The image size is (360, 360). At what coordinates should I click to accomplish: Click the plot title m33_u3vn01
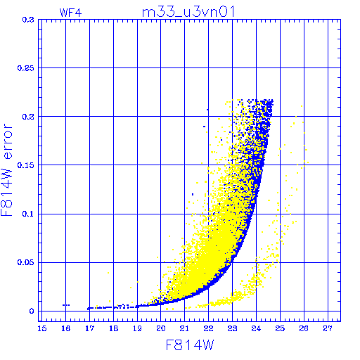tap(188, 12)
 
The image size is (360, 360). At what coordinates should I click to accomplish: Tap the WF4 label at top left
tap(70, 13)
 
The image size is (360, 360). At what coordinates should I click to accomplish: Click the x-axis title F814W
tap(190, 345)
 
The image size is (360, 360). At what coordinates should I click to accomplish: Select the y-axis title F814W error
tap(6, 169)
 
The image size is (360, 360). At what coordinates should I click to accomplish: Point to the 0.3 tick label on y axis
tap(28, 20)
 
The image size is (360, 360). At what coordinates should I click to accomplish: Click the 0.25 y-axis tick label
tap(26, 68)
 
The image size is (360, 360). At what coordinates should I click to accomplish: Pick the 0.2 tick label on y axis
tap(28, 117)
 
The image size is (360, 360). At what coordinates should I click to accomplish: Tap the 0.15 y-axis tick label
tap(26, 165)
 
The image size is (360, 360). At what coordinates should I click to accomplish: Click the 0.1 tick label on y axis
tap(28, 214)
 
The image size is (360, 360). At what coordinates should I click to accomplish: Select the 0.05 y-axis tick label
tap(26, 262)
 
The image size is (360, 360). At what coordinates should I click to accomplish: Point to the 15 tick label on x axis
tap(42, 328)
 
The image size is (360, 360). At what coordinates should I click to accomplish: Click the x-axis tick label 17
tap(89, 328)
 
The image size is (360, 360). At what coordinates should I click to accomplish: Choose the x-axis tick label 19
tap(137, 328)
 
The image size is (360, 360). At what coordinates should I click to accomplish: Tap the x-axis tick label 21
tap(184, 328)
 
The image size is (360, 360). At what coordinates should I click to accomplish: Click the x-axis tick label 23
tap(232, 328)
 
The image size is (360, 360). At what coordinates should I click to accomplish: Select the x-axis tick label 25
tap(280, 328)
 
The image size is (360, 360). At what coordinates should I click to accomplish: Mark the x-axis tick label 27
tap(328, 328)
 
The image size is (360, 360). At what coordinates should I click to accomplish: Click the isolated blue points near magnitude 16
tap(66, 305)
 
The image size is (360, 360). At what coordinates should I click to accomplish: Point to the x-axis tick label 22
tap(208, 328)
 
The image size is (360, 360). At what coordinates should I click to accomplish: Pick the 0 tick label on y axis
tap(32, 311)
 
